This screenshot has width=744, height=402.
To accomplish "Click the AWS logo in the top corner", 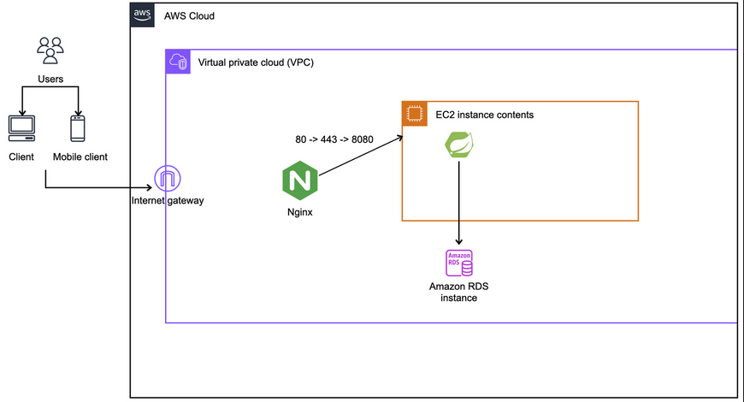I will (x=142, y=15).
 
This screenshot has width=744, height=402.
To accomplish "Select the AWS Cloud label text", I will (x=189, y=16).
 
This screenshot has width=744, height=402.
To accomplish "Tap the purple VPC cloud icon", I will (x=178, y=62).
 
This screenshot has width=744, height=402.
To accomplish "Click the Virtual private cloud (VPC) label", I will (x=256, y=62).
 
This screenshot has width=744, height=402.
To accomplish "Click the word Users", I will (x=51, y=80).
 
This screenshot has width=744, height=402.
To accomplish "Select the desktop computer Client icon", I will (x=21, y=128).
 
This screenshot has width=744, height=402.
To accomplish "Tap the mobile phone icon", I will (x=78, y=128).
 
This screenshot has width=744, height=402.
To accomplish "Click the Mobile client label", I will (x=80, y=157).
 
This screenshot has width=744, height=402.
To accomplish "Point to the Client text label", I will (x=21, y=157).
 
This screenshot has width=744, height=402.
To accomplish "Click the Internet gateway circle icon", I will (x=166, y=180).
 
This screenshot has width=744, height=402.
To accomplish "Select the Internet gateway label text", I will (x=168, y=201).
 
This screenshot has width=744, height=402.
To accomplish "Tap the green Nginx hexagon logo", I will (x=299, y=181).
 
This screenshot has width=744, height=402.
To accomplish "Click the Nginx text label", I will (x=299, y=212).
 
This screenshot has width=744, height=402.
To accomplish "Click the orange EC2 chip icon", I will (x=415, y=114).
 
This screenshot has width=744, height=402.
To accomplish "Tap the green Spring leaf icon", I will (x=459, y=145).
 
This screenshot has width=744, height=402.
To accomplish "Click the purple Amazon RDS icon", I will (x=459, y=263).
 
